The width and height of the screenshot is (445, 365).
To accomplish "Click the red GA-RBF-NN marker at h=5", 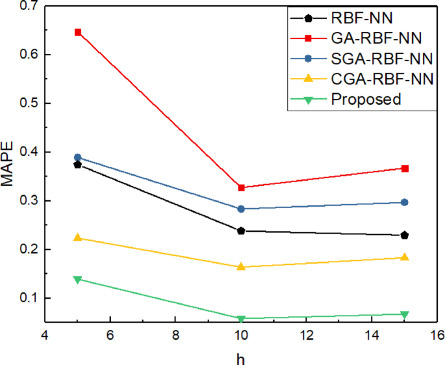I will pos(78,32).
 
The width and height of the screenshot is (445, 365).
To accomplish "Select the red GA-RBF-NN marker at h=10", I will pos(241,187).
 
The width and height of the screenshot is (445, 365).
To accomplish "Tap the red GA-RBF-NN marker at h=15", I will pos(405,169).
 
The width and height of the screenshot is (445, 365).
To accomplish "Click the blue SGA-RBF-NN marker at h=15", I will pos(405,202).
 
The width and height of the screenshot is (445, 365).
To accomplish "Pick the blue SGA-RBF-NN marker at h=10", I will pos(241,209).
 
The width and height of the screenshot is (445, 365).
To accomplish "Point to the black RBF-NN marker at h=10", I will pos(241,231).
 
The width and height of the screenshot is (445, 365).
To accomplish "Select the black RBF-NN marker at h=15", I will pos(405,235).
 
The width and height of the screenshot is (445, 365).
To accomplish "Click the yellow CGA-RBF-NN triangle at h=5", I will pos(78,237).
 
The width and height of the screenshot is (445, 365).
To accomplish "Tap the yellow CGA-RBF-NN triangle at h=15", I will pos(405,257).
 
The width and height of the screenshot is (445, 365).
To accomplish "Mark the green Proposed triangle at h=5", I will pos(78,279).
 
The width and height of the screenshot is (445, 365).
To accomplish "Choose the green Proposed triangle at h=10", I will pos(241,319).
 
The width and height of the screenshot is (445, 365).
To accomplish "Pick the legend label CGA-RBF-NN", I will pos(372,79).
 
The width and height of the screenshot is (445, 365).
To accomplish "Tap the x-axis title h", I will pos(241,357).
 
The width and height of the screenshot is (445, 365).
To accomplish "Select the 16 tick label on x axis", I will pos(437,335).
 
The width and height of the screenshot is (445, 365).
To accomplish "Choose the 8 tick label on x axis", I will pos(176,335).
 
